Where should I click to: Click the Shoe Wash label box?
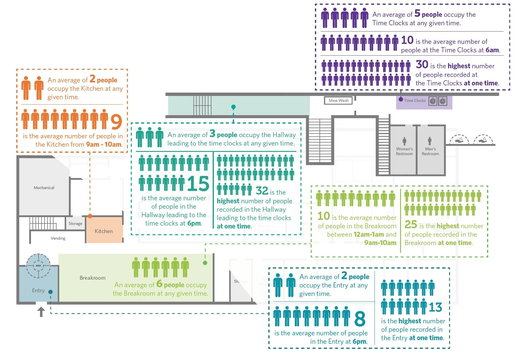[x=338, y=100]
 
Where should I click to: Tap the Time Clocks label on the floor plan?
[x=415, y=101]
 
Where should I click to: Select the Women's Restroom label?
[x=404, y=151]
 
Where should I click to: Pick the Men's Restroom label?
[x=430, y=151]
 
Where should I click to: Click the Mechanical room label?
[x=44, y=188]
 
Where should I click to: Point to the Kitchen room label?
[x=103, y=231]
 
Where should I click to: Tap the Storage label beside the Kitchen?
[x=75, y=223]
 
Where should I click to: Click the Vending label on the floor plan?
[x=58, y=238]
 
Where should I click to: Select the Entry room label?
[x=38, y=291]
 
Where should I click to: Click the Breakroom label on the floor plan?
[x=92, y=278]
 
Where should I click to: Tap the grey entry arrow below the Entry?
[x=41, y=312]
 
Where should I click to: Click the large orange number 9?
[x=116, y=122]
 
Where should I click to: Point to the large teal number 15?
[x=198, y=183]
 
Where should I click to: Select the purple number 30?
[x=422, y=64]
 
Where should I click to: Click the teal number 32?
[x=262, y=191]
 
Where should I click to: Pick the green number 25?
[x=411, y=224]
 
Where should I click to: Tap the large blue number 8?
[x=360, y=319]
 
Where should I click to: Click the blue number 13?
[x=435, y=307]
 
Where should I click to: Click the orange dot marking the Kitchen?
[x=90, y=216]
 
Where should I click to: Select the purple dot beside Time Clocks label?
[x=401, y=99]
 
